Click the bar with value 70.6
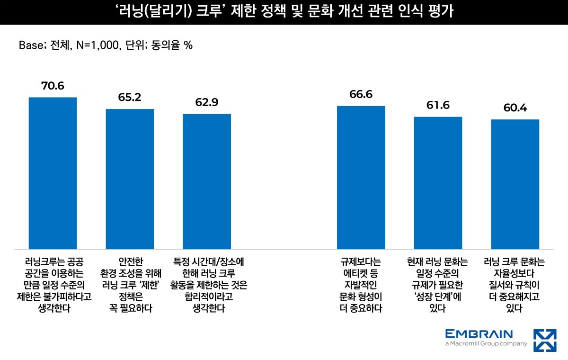tap(53, 173)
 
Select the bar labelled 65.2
tap(130, 179)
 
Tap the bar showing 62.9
tap(207, 181)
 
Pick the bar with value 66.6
tap(361, 177)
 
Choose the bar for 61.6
tap(438, 183)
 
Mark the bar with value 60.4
tap(515, 184)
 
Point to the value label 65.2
tap(130, 98)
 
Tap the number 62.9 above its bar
tap(207, 102)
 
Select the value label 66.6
tap(361, 94)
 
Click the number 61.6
tap(438, 105)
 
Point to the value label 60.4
tap(515, 108)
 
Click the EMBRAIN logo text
tap(479, 333)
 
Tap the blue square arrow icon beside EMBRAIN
tap(545, 340)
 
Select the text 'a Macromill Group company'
tap(486, 344)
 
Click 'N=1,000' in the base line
tap(98, 45)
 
